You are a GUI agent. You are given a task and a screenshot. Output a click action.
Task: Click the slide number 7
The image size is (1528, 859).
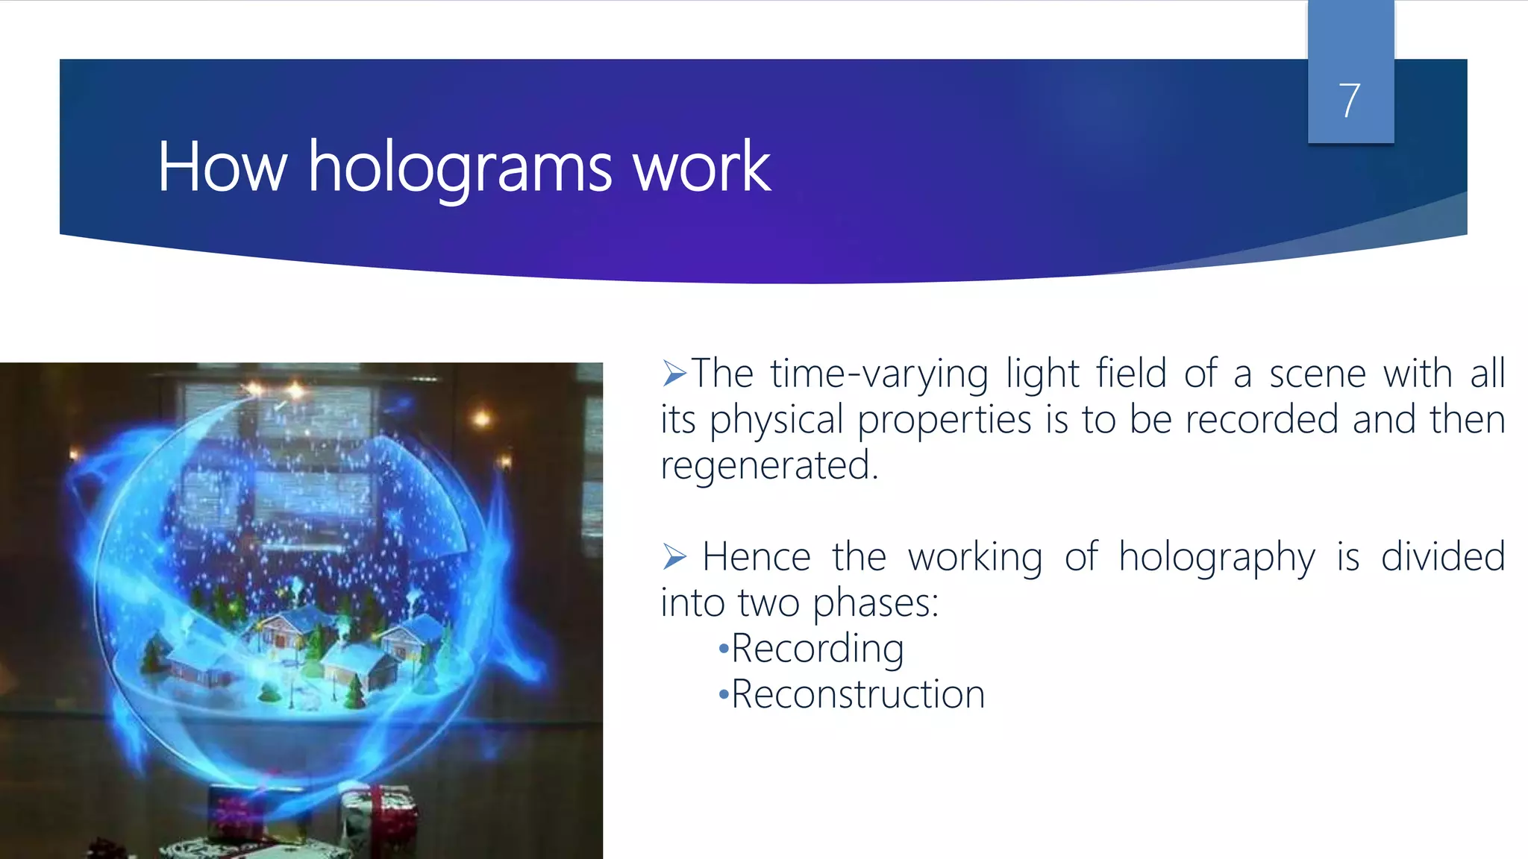[x=1349, y=101]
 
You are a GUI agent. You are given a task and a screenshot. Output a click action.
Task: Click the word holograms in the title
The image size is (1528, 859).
[x=460, y=167]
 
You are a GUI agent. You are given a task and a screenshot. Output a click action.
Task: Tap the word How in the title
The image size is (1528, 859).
[x=222, y=167]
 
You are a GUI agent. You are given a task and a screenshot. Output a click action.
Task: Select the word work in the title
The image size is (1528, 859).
[x=701, y=167]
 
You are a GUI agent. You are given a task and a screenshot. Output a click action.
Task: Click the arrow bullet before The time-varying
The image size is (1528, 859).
[x=674, y=373]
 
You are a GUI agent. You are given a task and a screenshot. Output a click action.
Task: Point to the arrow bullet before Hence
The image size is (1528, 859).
[x=674, y=556]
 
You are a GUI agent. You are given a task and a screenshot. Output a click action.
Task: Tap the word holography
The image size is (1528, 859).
[x=1216, y=558]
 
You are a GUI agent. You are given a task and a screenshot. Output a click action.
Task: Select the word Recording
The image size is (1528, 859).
[x=817, y=648]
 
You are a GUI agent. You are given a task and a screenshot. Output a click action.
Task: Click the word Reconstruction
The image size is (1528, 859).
[x=858, y=694]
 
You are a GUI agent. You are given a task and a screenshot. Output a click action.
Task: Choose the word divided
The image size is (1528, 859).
[x=1442, y=557]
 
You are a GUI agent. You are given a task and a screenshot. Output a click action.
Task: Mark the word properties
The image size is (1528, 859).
[x=945, y=421]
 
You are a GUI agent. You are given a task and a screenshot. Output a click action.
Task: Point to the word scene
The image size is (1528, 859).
[x=1317, y=374]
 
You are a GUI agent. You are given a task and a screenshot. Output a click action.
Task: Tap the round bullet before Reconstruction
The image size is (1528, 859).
[x=722, y=696]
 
